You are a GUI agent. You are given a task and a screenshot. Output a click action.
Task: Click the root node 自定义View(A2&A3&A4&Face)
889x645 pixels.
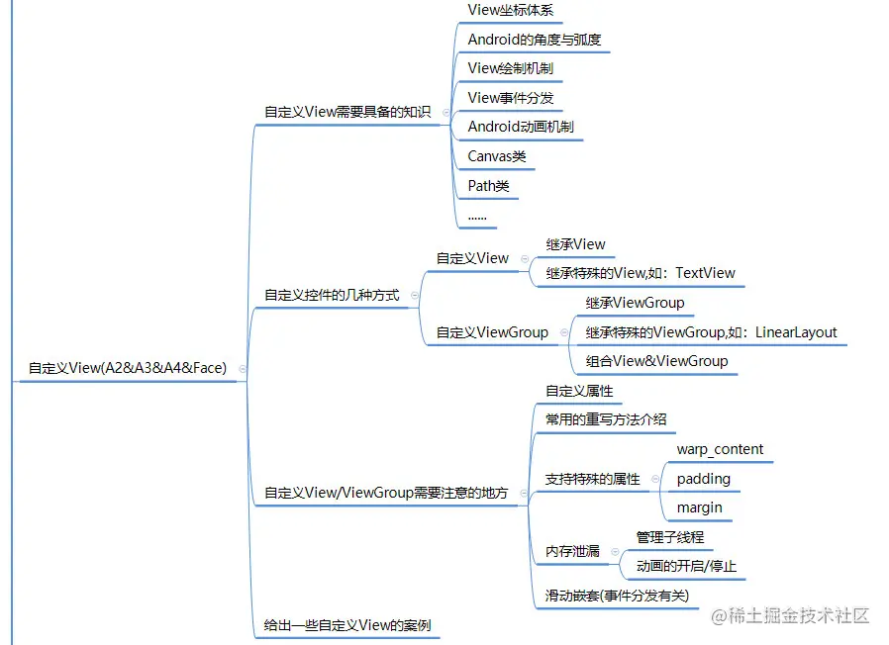click(127, 368)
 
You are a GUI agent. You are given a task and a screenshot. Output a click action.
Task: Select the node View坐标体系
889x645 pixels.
click(511, 11)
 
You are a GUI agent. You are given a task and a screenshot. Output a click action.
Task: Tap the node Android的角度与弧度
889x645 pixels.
click(534, 41)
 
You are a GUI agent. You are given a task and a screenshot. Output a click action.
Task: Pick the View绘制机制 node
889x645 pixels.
click(511, 69)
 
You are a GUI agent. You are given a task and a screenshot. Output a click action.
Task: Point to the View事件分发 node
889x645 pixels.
click(511, 98)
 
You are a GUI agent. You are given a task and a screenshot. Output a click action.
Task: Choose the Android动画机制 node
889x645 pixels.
click(521, 127)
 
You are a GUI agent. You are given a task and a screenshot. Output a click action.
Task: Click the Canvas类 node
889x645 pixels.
click(497, 156)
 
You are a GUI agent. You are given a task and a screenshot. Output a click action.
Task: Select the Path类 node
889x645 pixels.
click(489, 185)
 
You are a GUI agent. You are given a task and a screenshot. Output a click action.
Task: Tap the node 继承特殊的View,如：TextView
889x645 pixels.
click(641, 273)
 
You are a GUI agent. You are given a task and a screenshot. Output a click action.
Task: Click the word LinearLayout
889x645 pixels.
click(796, 332)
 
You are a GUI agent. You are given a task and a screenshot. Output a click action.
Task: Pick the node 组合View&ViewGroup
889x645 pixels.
click(656, 361)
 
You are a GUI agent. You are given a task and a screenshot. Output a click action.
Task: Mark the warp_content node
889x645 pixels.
click(720, 449)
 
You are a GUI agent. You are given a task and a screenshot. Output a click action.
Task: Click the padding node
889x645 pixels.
click(703, 479)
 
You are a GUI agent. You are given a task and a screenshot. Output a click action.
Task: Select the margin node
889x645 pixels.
click(699, 507)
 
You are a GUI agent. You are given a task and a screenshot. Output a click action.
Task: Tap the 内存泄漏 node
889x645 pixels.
click(572, 551)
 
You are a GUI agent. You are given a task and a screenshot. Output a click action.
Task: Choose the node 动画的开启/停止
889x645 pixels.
click(686, 567)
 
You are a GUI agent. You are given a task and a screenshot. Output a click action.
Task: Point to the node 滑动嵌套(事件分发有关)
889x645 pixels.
click(617, 597)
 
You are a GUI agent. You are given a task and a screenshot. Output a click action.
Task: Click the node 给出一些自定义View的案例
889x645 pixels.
click(346, 625)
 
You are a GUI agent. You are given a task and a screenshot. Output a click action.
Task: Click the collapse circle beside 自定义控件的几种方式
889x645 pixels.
click(414, 295)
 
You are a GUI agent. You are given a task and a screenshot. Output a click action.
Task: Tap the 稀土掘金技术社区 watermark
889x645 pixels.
click(790, 615)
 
